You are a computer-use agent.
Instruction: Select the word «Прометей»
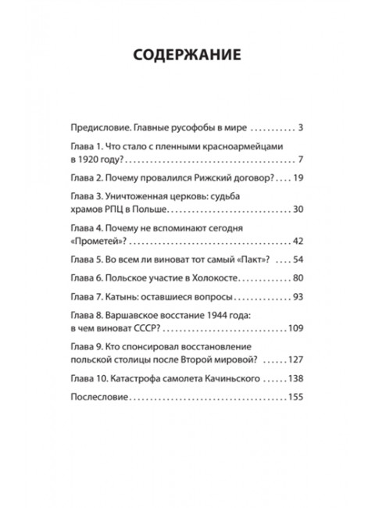(96, 241)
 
